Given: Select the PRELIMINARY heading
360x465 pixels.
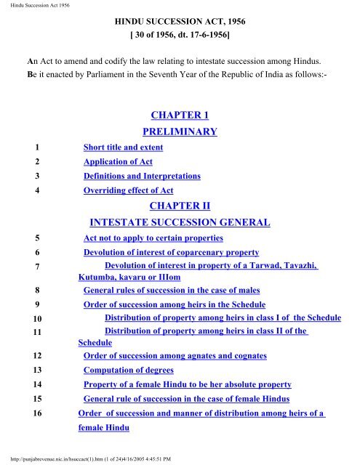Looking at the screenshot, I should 179,132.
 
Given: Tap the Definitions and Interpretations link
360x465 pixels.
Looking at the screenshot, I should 142,177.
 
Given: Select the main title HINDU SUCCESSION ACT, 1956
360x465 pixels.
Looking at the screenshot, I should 179,21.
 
